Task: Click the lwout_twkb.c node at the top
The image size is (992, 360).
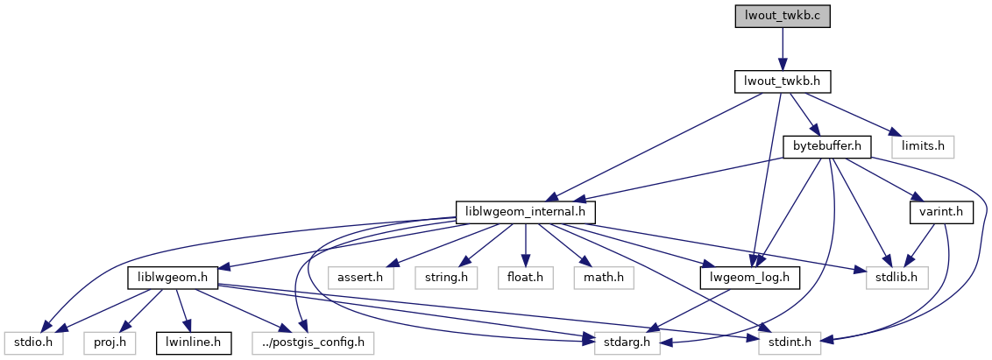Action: pyautogui.click(x=782, y=16)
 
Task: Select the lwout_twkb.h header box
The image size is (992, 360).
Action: pyautogui.click(x=782, y=81)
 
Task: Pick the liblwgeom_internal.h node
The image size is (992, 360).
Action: pyautogui.click(x=526, y=212)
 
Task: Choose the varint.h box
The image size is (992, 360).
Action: pyautogui.click(x=941, y=212)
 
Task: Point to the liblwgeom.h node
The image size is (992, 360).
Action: pyautogui.click(x=173, y=278)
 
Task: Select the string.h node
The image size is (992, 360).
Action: pyautogui.click(x=445, y=278)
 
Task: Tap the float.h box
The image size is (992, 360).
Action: pyautogui.click(x=525, y=278)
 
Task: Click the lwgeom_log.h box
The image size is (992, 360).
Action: pyautogui.click(x=746, y=278)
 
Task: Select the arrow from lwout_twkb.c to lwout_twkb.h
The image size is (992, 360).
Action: pyautogui.click(x=782, y=48)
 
